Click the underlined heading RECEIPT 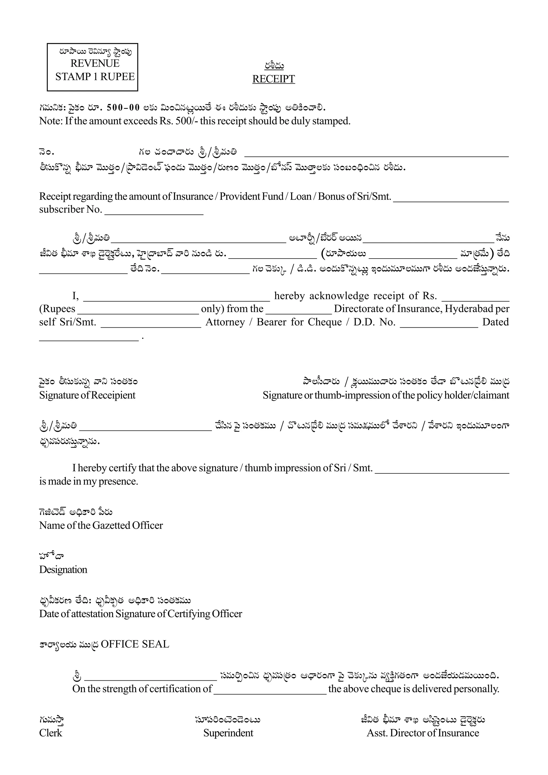point(273,79)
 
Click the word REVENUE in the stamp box point(95,63)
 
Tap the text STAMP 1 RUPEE point(95,77)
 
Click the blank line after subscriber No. point(154,212)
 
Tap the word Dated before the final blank point(495,322)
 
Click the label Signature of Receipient point(87,395)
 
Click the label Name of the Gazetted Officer point(101,525)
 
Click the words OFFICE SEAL point(135,644)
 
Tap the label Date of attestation point(77,614)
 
